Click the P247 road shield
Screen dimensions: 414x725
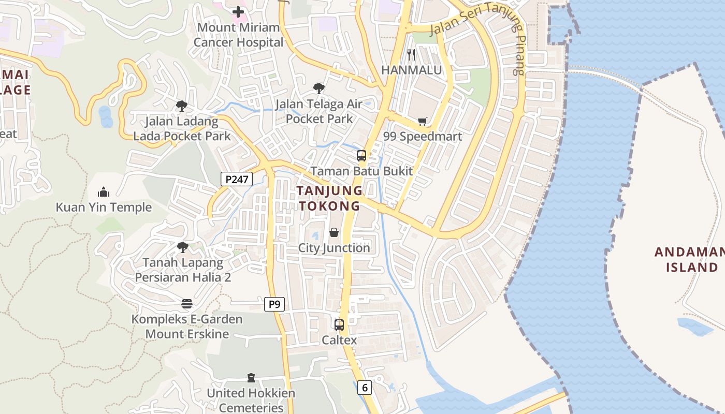pyautogui.click(x=237, y=179)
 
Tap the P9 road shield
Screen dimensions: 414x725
pyautogui.click(x=274, y=304)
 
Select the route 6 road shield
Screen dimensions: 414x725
pyautogui.click(x=365, y=387)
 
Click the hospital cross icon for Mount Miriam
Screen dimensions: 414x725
pyautogui.click(x=238, y=11)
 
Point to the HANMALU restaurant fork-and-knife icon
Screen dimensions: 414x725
pyautogui.click(x=411, y=54)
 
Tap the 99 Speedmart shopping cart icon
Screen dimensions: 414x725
pyautogui.click(x=423, y=122)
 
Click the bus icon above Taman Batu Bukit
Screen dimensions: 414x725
pyautogui.click(x=361, y=155)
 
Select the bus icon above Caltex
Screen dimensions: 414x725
pyautogui.click(x=339, y=325)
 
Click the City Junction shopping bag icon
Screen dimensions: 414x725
pyautogui.click(x=334, y=233)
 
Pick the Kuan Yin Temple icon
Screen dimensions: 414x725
pyautogui.click(x=104, y=193)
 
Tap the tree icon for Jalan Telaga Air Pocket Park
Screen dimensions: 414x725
pyautogui.click(x=319, y=88)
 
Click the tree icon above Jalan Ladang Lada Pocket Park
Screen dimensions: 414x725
pyautogui.click(x=181, y=106)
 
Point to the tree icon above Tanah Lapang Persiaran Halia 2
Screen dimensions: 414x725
pyautogui.click(x=182, y=247)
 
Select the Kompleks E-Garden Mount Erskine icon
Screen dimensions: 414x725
pyautogui.click(x=187, y=304)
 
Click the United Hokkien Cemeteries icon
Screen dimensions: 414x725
pyautogui.click(x=251, y=378)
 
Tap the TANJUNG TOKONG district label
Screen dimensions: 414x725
pyautogui.click(x=329, y=198)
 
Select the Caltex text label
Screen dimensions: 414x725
pyautogui.click(x=339, y=340)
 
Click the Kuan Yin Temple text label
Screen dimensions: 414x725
pyautogui.click(x=104, y=208)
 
